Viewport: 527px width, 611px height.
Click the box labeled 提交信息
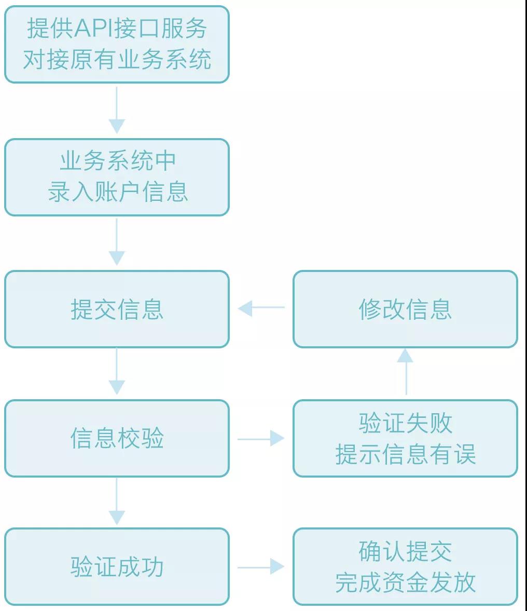117,309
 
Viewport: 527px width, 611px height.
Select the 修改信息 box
405,309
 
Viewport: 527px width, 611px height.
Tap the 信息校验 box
117,438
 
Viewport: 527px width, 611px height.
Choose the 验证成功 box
117,567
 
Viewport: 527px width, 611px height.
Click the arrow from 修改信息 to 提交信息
261,308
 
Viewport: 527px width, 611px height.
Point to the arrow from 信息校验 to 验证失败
261,439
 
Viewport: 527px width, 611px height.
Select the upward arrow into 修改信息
405,372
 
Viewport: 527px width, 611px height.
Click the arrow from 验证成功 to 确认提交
261,567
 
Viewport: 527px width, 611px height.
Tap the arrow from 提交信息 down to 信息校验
117,372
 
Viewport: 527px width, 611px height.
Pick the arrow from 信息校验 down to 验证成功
117,501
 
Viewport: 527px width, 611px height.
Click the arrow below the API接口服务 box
117,110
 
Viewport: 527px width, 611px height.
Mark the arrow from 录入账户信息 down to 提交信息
117,242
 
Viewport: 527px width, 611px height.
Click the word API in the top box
93,29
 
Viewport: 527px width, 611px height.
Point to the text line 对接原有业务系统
117,60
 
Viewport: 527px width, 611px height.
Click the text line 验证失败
405,423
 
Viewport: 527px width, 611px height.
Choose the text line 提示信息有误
405,454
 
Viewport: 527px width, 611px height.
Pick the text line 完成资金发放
405,582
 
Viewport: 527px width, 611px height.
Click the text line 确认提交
405,551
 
